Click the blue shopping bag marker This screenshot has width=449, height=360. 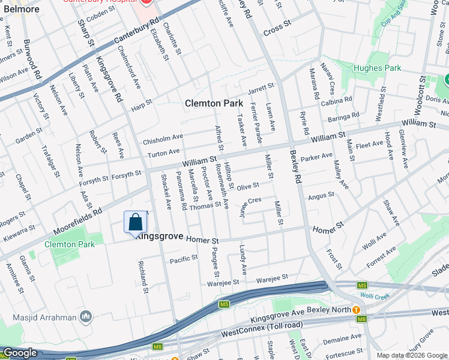[135, 222]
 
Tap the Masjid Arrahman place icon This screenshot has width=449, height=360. [86, 316]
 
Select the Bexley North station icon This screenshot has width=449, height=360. [356, 310]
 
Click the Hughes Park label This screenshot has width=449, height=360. [376, 68]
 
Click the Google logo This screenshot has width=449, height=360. [19, 353]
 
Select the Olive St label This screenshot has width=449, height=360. [247, 187]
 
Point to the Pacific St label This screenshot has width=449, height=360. [183, 259]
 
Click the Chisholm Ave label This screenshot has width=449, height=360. [162, 140]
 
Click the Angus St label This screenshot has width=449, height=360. [321, 196]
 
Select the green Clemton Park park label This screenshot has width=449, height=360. [69, 244]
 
